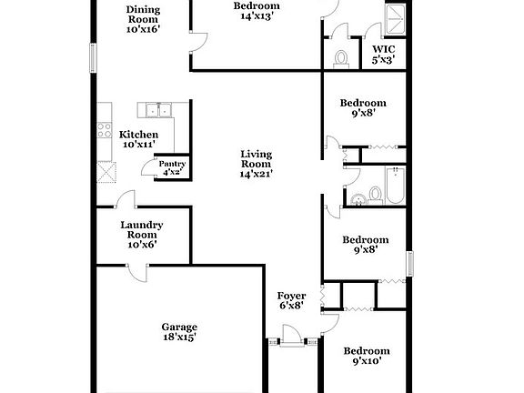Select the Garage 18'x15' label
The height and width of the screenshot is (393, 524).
179,332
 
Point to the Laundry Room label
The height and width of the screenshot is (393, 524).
141,235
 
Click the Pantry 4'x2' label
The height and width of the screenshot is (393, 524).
173,168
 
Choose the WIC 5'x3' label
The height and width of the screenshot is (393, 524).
382,55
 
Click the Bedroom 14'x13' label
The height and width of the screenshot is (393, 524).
257,9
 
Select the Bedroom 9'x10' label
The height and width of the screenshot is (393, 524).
366,356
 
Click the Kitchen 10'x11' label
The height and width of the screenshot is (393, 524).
138,139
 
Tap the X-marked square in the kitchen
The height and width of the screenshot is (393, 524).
107,172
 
